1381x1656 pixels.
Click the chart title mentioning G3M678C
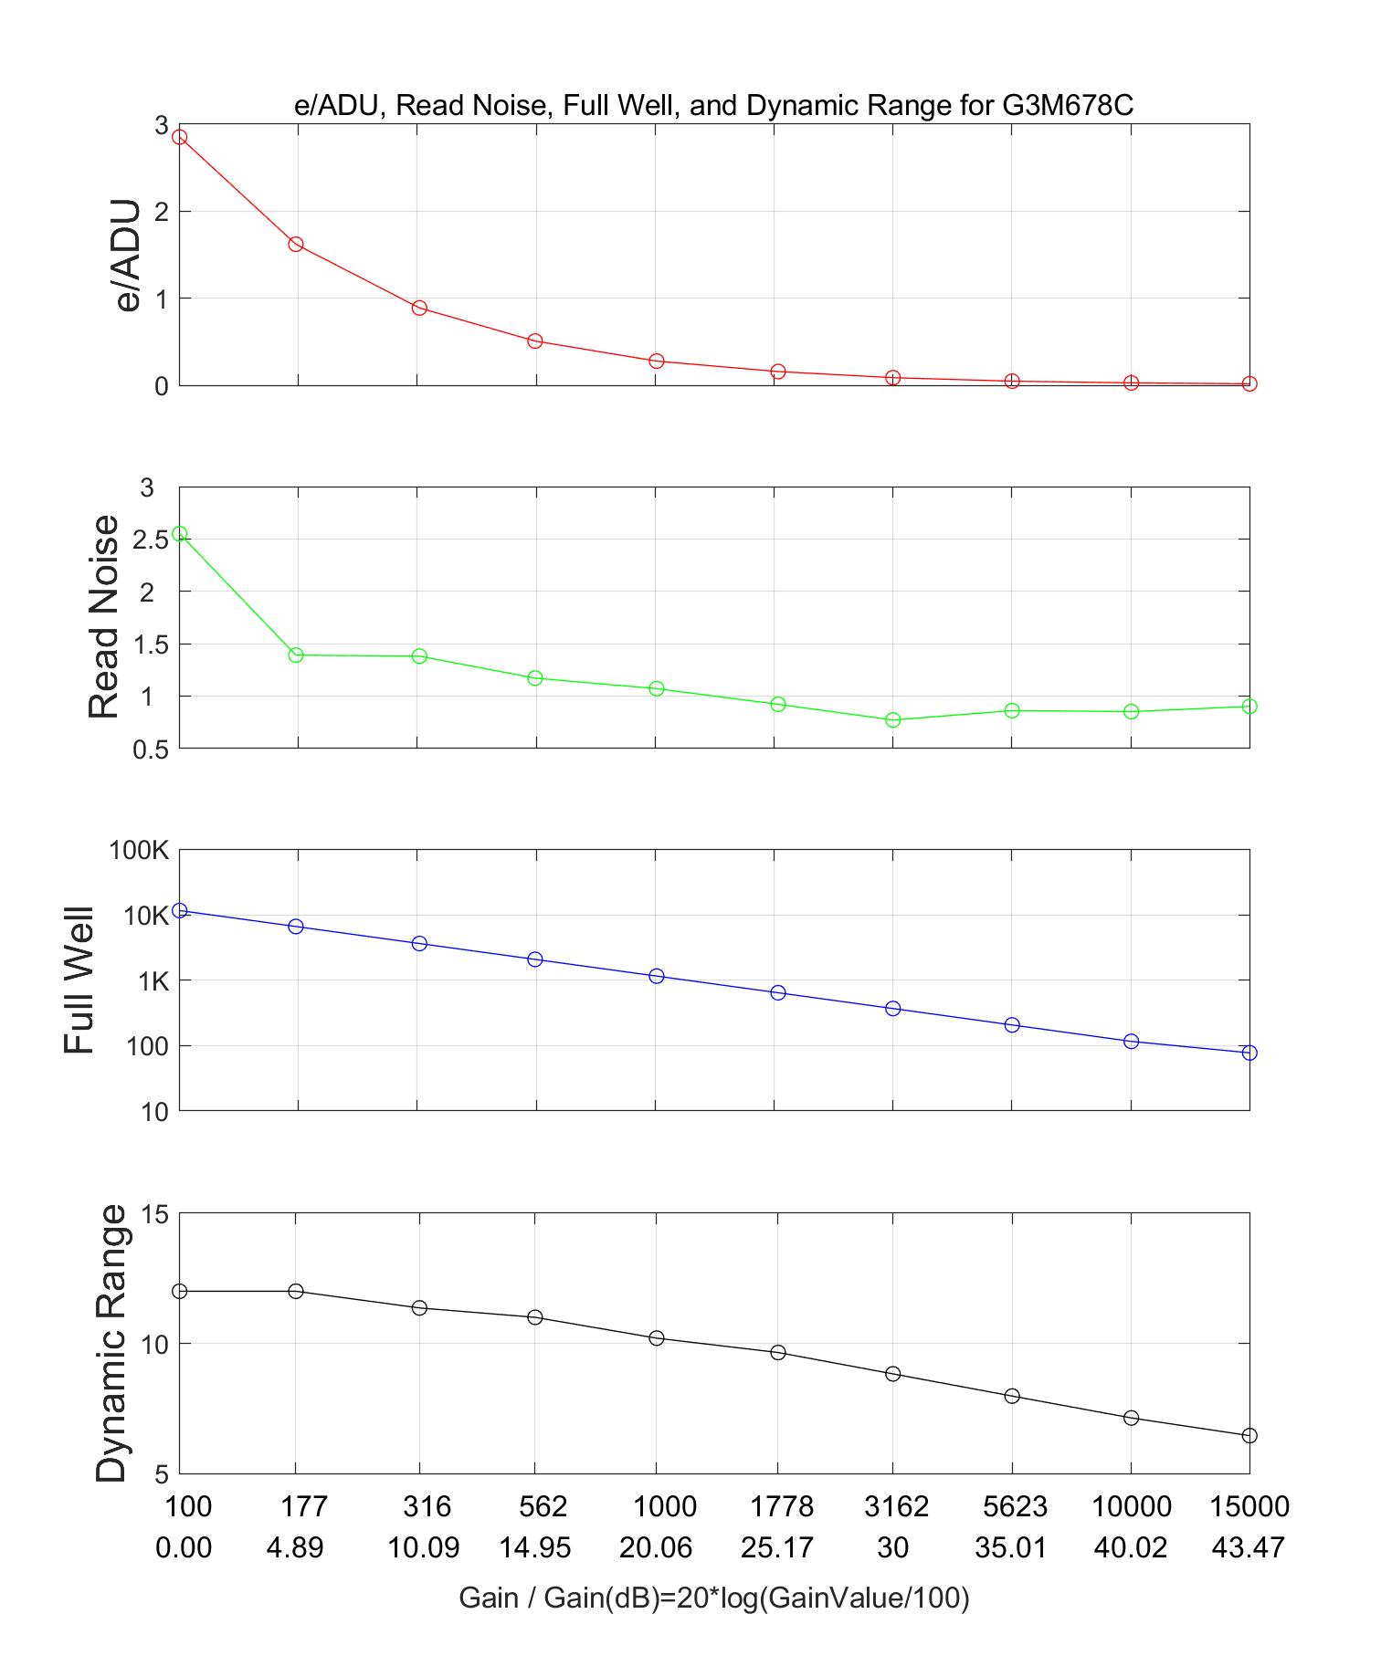click(x=713, y=106)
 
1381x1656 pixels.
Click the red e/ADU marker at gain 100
click(x=180, y=137)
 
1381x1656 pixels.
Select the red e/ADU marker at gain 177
click(x=296, y=245)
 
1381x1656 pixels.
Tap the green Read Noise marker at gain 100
click(x=180, y=534)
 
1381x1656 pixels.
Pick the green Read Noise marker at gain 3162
click(x=893, y=720)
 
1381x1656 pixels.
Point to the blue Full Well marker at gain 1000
click(x=656, y=976)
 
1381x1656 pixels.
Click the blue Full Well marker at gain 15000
click(x=1249, y=1053)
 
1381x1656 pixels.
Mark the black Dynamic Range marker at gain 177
click(x=296, y=1291)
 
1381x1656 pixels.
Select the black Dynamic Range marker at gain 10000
click(x=1131, y=1418)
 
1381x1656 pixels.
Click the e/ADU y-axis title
click(x=130, y=256)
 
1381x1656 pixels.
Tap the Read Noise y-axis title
click(x=104, y=617)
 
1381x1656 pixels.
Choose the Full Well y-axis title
click(x=80, y=980)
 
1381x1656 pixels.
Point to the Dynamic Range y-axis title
click(x=111, y=1343)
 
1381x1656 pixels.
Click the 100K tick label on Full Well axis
click(x=139, y=851)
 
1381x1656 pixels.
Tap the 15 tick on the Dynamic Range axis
click(x=155, y=1214)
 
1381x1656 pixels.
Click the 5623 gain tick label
click(x=1013, y=1506)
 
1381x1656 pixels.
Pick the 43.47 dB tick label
click(x=1248, y=1548)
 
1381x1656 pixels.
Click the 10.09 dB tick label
click(x=423, y=1548)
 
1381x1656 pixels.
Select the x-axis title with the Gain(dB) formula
click(x=713, y=1598)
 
